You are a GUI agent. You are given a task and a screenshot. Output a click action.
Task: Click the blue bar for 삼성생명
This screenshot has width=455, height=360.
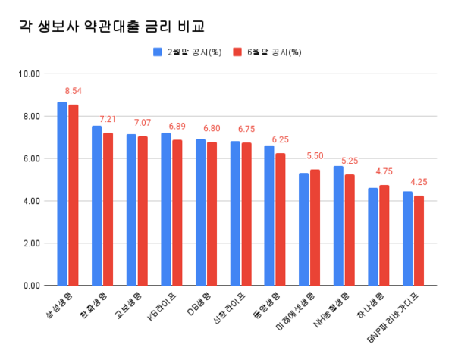tap(62, 193)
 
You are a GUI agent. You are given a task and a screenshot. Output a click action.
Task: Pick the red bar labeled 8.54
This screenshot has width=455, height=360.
tap(74, 195)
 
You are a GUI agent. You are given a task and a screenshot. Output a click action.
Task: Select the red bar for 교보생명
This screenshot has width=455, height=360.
tap(143, 211)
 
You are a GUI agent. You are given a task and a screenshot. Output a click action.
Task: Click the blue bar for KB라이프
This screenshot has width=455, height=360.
tap(165, 209)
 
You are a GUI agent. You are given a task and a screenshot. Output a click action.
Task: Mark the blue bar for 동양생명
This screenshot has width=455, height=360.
tap(269, 215)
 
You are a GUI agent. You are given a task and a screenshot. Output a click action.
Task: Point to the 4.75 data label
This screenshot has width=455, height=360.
tap(385, 172)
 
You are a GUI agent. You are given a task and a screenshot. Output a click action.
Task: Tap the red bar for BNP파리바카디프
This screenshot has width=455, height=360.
tap(419, 240)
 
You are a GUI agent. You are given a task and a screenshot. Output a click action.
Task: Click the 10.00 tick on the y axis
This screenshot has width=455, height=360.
tap(30, 74)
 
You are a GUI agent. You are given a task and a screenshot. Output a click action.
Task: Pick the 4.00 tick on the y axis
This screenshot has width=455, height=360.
tap(32, 201)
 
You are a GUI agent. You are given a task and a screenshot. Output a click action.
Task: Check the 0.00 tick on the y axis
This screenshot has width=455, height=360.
tap(32, 286)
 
